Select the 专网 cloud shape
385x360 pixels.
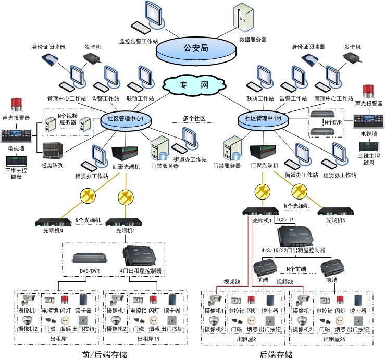(x=194, y=85)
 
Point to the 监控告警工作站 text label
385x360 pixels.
(x=139, y=40)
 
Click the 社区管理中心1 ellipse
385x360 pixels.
(x=129, y=119)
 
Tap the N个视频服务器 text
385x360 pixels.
(x=68, y=119)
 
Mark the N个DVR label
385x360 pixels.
(x=333, y=122)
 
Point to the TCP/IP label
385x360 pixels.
(x=284, y=220)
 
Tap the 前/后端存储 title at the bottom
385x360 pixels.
(x=104, y=354)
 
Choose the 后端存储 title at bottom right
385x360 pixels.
(x=276, y=354)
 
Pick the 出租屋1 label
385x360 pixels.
(x=59, y=339)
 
